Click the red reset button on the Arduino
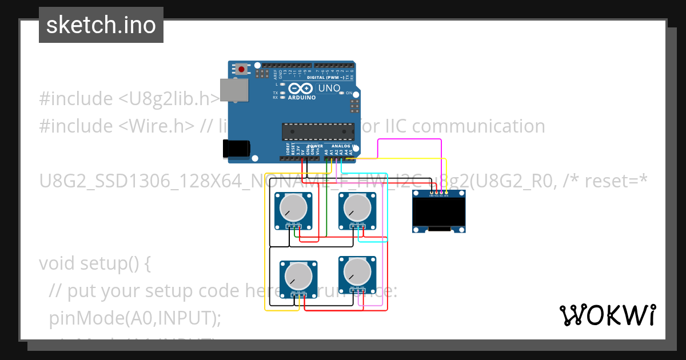pos(242,69)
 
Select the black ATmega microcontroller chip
pos(315,131)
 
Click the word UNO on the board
pos(329,89)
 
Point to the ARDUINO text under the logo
pos(301,98)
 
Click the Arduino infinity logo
pos(301,89)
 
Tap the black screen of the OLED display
pos(438,213)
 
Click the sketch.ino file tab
pos(101,25)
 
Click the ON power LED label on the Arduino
pos(349,93)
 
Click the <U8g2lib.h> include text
pos(169,99)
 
